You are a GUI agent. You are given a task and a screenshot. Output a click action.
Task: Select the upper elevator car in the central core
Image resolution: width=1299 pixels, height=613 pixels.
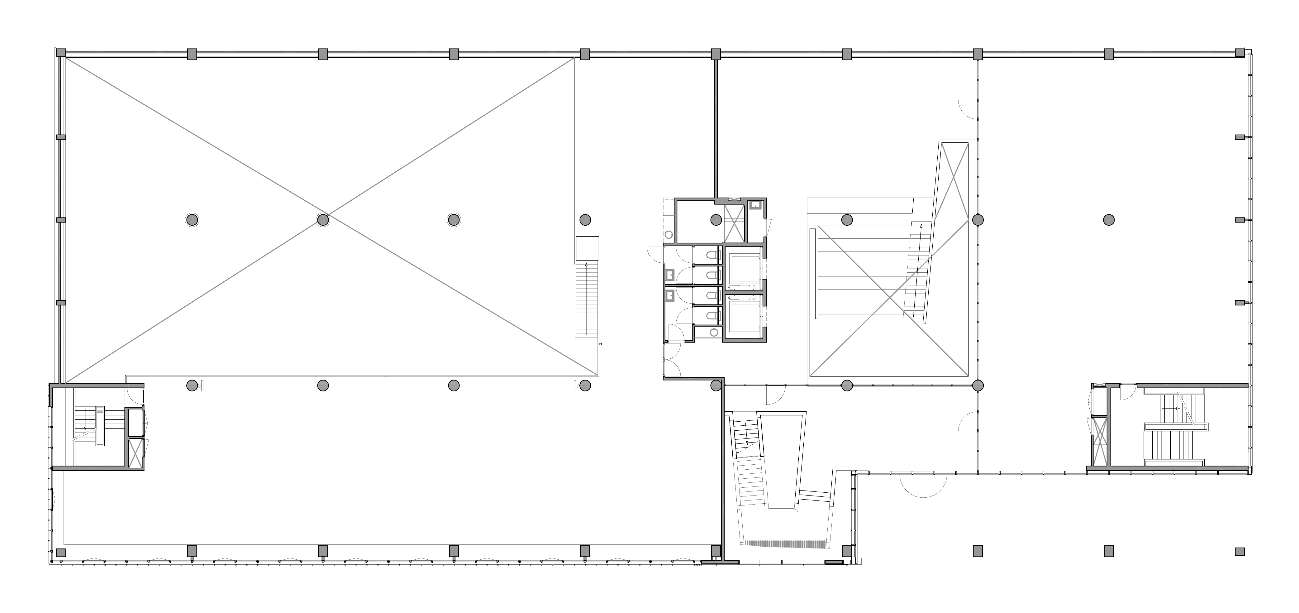tap(744, 268)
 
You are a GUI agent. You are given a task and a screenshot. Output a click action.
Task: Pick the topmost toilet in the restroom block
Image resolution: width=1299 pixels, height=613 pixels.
tap(711, 255)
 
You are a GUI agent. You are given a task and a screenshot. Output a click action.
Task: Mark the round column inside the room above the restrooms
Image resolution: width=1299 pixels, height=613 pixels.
tap(716, 219)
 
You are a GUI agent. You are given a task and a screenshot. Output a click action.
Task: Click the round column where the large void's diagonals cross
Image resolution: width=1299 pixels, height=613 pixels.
tap(323, 219)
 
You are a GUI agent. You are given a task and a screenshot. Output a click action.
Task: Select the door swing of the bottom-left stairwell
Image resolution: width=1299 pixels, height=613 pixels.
tap(134, 394)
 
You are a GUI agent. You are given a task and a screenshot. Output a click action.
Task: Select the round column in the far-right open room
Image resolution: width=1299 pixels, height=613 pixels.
tap(1108, 219)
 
